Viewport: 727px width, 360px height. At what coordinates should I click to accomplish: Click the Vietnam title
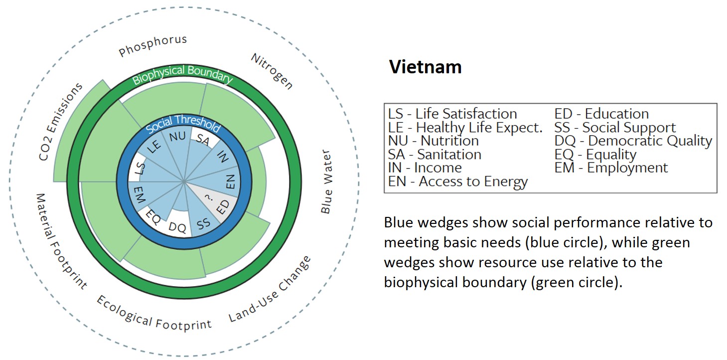tap(425, 67)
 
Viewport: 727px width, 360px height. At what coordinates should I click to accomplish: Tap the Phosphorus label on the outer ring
tap(153, 46)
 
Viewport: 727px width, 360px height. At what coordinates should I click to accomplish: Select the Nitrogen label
tap(272, 71)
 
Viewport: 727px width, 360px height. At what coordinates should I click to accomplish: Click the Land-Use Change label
tap(270, 290)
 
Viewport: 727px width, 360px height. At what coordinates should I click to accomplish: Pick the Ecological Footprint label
tap(153, 313)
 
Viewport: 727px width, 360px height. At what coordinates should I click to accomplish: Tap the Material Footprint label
tap(61, 241)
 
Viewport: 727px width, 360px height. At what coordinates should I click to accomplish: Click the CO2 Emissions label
tap(61, 122)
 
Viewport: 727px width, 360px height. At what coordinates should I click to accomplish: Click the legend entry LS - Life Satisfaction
tap(452, 114)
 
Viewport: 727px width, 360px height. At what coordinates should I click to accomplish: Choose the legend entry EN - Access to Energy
tap(458, 182)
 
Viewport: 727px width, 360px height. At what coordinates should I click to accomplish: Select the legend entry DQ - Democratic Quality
tap(633, 141)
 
